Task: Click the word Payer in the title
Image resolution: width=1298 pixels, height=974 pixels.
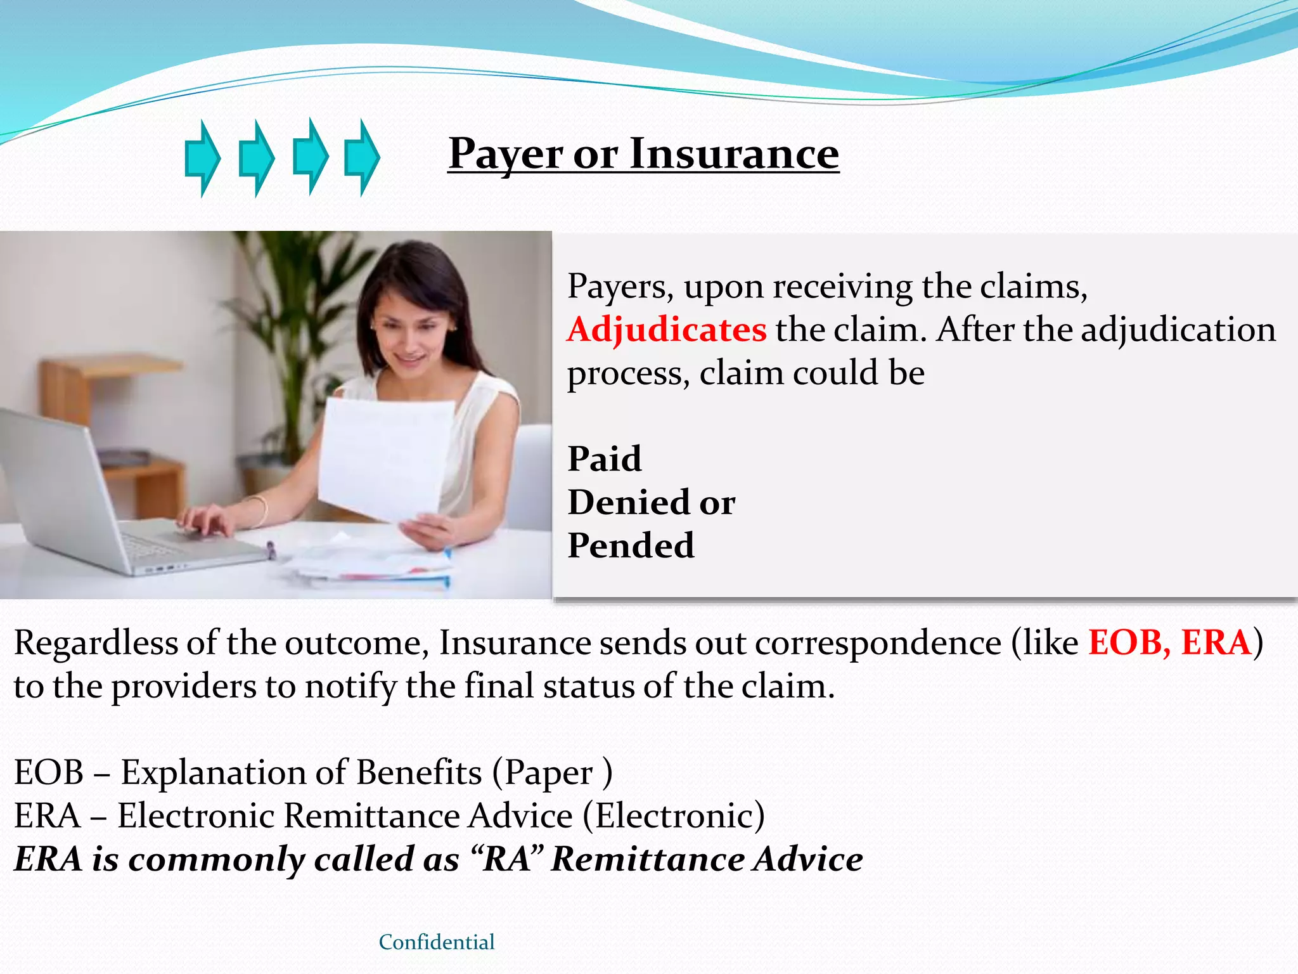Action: coord(505,155)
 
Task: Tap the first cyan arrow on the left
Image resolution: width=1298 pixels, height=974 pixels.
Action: coord(202,158)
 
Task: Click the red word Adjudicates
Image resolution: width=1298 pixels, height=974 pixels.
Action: coord(667,330)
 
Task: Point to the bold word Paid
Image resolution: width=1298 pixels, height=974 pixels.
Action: coord(605,458)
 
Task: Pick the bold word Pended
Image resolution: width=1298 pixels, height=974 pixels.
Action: coord(631,545)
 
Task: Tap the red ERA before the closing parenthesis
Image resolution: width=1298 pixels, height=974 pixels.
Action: coord(1216,642)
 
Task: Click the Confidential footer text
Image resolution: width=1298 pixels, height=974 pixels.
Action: coord(437,942)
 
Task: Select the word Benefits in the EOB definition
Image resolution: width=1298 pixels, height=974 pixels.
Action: coord(419,772)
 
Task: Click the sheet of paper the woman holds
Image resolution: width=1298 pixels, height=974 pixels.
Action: coord(384,457)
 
